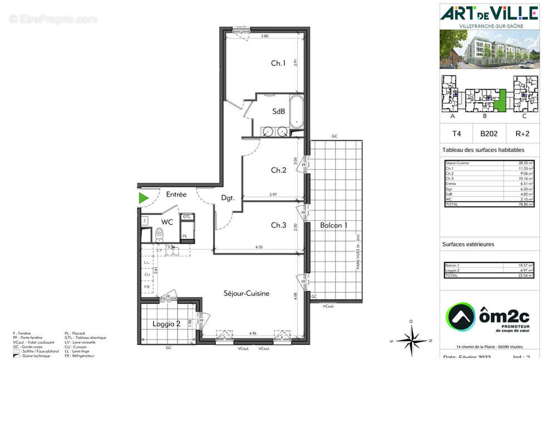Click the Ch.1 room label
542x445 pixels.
click(278, 63)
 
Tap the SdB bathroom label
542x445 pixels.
click(278, 111)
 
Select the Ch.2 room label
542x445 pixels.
click(278, 170)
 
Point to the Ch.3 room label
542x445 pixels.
click(278, 225)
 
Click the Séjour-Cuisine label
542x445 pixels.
click(247, 293)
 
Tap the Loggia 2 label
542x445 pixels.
click(166, 324)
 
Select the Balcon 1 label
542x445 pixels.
click(333, 225)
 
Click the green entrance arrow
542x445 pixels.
click(144, 197)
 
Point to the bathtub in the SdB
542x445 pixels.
click(297, 111)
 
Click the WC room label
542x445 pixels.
click(167, 222)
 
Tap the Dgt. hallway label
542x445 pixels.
click(228, 197)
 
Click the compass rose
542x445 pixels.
click(411, 339)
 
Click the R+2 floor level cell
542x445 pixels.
click(522, 133)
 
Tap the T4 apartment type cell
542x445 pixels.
click(456, 133)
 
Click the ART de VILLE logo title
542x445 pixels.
click(489, 13)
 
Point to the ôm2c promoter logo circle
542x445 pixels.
click(460, 318)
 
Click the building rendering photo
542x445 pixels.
click(489, 49)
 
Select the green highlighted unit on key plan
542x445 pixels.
click(501, 101)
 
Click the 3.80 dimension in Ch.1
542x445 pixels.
click(265, 36)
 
